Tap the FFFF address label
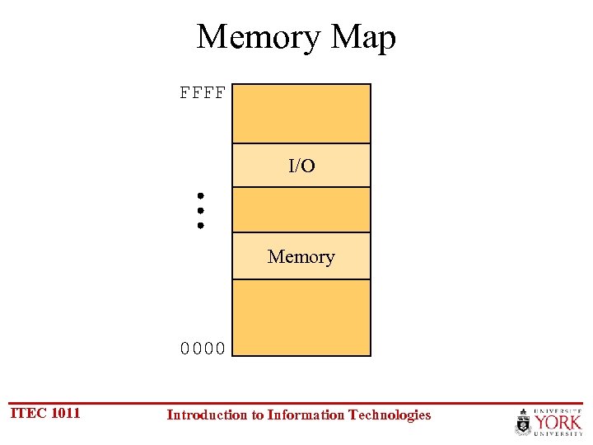202,92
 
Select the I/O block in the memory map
301,166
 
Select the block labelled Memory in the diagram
301,256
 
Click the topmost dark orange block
301,114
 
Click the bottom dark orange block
301,317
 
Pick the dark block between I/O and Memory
301,209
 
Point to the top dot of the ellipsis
200,196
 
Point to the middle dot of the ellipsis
200,210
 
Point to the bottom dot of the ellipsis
200,224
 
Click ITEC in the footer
27,413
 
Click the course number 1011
65,413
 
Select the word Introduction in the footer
207,415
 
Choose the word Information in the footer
306,415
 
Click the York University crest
523,422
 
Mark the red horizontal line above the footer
296,403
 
